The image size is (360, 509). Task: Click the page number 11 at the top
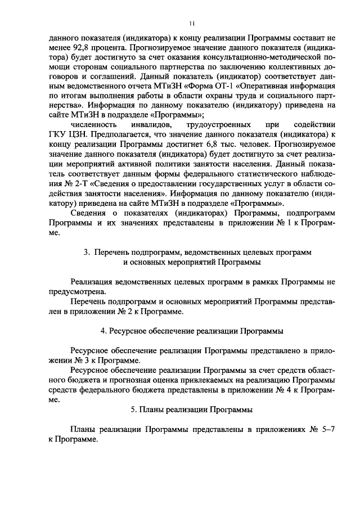[192, 23]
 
